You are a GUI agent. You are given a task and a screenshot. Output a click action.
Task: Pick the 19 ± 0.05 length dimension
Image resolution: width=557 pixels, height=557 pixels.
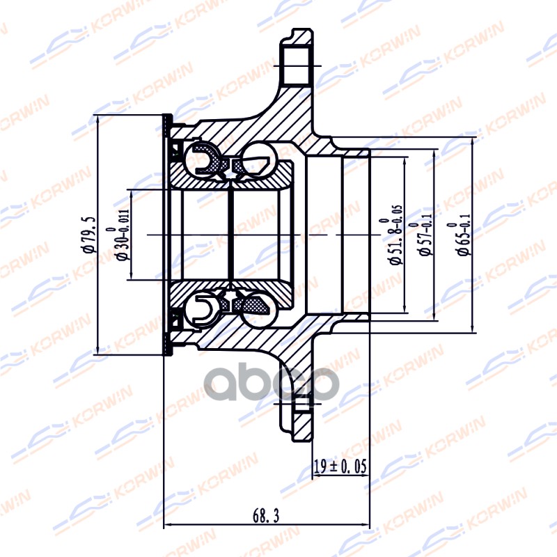339,466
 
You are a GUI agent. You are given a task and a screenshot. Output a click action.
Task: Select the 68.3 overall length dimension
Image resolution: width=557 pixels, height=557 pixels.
267,516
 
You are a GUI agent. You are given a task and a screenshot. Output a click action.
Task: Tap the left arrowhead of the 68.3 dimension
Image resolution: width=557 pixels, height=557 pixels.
166,526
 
